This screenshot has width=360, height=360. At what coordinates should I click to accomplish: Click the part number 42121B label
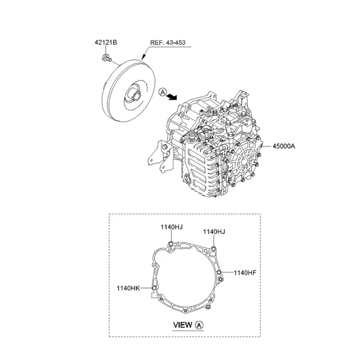[107, 42]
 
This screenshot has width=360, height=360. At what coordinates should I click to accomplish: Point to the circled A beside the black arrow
[162, 91]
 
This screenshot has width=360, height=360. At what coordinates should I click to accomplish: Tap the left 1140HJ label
[171, 227]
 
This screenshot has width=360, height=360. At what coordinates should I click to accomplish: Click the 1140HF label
[245, 272]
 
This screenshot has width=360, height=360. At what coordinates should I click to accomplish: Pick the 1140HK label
[128, 289]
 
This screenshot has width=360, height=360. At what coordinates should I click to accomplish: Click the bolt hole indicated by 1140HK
[154, 289]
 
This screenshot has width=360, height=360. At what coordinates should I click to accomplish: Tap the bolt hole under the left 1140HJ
[172, 242]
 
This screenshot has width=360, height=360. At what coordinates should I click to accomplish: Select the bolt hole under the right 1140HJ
[214, 248]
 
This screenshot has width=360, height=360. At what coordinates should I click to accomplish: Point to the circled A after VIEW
[199, 325]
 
